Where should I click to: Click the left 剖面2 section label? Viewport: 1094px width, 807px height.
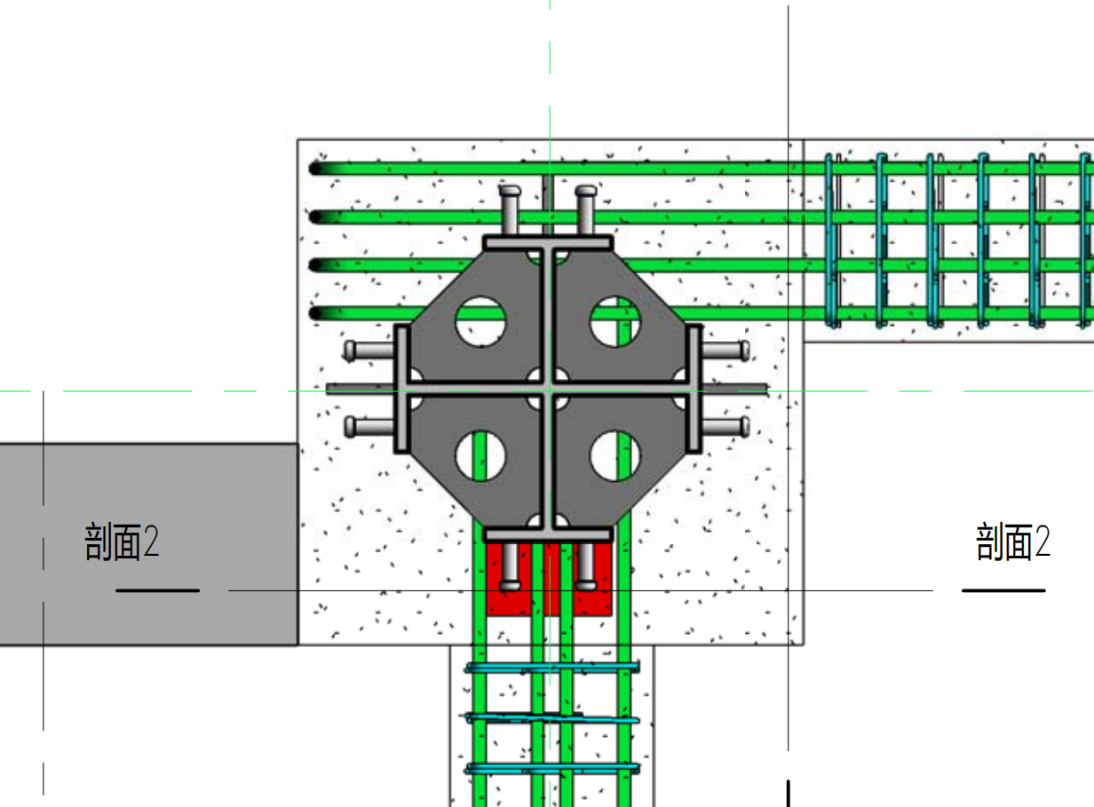pyautogui.click(x=122, y=542)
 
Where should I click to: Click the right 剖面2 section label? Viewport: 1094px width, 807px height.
pyautogui.click(x=1013, y=542)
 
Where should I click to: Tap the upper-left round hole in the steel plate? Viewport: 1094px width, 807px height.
pyautogui.click(x=480, y=321)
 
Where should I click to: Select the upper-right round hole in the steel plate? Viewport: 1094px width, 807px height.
pyautogui.click(x=615, y=321)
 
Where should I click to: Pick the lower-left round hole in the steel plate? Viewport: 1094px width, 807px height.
pyautogui.click(x=480, y=455)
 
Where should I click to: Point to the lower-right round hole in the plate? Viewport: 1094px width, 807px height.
pyautogui.click(x=615, y=455)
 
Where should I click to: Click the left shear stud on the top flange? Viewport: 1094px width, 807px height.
pyautogui.click(x=510, y=210)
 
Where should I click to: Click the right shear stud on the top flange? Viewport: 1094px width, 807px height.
pyautogui.click(x=586, y=210)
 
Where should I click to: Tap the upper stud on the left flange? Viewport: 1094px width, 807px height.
pyautogui.click(x=369, y=350)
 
